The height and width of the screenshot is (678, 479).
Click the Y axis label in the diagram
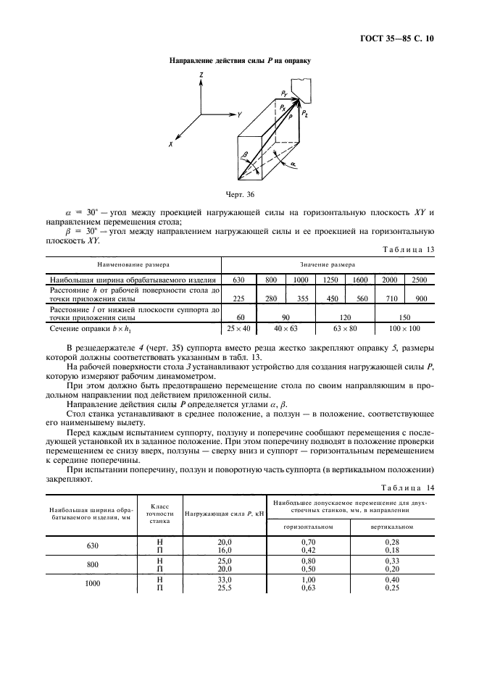tap(238, 114)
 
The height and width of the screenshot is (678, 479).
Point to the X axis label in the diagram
tap(172, 144)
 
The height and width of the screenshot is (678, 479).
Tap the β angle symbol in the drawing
tap(246, 154)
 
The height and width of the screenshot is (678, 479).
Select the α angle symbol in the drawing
tap(293, 164)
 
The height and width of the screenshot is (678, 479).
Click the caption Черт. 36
tap(240, 194)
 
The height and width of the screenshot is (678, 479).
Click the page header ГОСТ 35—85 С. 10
tap(403, 38)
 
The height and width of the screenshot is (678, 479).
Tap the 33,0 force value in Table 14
tap(225, 580)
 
